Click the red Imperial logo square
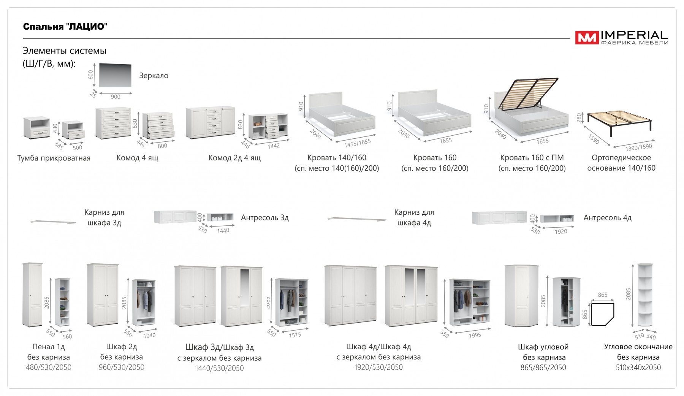coord(586,38)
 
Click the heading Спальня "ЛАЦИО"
coord(65,27)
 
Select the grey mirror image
coord(115,75)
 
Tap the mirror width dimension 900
coord(116,97)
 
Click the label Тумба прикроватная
coord(54,158)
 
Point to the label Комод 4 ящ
coord(137,158)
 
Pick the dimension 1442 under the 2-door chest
coord(274,146)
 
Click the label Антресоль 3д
coord(265,218)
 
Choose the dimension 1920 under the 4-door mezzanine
coord(561,231)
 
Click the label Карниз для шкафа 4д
coord(414,217)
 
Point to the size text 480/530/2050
coord(49,367)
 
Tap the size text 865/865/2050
coord(543,368)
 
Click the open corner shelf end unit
coord(644,295)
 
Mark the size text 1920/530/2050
coord(378,367)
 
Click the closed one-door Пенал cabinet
coord(33,295)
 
